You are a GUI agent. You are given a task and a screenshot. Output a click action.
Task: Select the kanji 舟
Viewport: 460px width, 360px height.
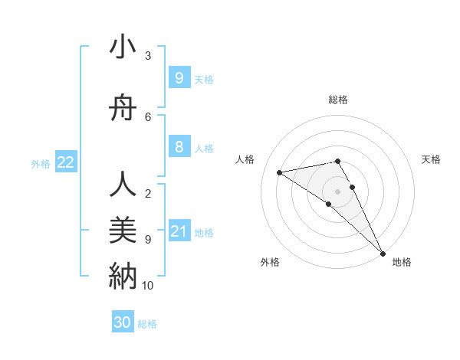[123, 109]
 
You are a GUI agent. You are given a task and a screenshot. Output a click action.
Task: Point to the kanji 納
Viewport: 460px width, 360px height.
[123, 275]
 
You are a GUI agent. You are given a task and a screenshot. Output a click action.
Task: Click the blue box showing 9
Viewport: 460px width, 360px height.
[179, 77]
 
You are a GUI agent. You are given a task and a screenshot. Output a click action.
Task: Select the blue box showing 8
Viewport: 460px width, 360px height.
[179, 148]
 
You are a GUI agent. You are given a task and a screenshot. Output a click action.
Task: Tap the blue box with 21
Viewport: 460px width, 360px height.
[179, 231]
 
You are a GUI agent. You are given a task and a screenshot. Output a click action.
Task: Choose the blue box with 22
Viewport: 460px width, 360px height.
[66, 162]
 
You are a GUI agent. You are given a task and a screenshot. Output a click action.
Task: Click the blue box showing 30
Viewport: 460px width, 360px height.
[123, 322]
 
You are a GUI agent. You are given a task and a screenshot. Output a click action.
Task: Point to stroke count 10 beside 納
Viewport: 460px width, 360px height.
[148, 286]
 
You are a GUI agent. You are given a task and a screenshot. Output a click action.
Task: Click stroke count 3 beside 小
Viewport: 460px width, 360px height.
[148, 55]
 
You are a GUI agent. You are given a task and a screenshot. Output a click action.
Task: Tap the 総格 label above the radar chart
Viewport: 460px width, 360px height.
[338, 100]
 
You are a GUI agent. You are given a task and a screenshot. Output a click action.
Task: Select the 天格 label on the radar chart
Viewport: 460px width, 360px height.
[432, 159]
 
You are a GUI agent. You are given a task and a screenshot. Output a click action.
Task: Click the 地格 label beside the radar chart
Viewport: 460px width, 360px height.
[402, 262]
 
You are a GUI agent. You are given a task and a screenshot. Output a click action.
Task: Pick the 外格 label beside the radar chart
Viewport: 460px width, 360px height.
[270, 262]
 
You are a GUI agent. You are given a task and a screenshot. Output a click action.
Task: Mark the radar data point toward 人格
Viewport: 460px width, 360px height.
[280, 172]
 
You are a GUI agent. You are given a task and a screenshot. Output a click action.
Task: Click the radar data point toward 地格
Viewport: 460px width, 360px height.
[383, 252]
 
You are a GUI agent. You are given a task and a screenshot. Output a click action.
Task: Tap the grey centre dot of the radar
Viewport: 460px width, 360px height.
[338, 191]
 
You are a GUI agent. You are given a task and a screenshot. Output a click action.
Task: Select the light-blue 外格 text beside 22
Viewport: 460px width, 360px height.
[41, 163]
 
